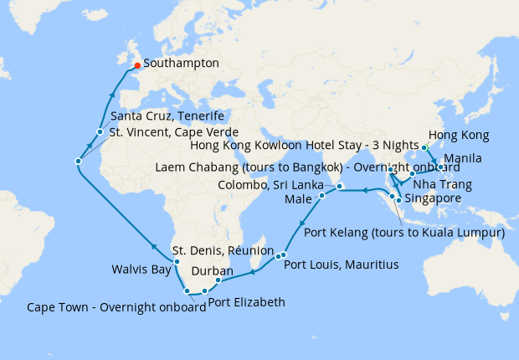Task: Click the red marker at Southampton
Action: (137, 65)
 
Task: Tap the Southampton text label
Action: (181, 63)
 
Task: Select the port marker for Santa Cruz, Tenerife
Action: (100, 131)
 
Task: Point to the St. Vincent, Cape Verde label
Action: (175, 132)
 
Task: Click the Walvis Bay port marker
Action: (177, 262)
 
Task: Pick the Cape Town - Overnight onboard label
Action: (116, 306)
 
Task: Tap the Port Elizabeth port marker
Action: (204, 291)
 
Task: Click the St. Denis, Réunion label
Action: (223, 249)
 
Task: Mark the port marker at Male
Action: (321, 196)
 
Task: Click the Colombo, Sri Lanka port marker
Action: (340, 185)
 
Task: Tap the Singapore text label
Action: (432, 198)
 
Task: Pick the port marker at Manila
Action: (440, 167)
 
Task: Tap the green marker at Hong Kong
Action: (424, 147)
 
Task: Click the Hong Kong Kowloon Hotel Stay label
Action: (305, 145)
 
